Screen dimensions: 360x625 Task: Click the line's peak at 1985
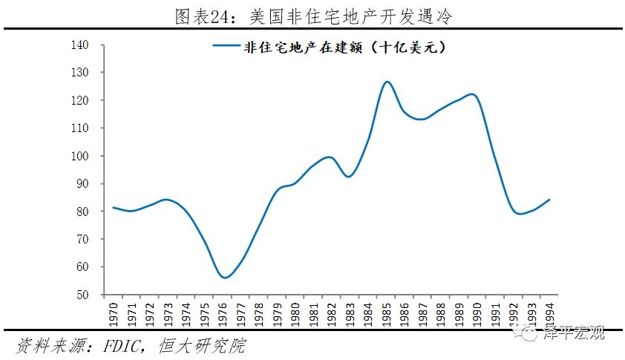point(387,82)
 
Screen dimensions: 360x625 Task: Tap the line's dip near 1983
point(349,177)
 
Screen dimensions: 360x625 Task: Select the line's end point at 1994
point(549,199)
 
